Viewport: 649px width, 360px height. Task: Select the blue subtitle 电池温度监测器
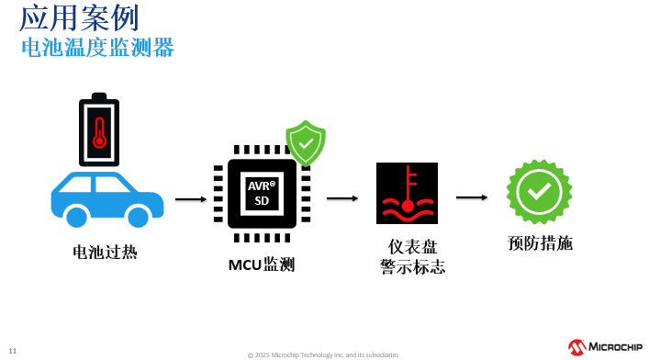[97, 47]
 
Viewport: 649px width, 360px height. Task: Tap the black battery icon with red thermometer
[99, 128]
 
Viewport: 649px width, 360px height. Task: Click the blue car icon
[106, 197]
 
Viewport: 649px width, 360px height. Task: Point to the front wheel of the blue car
[138, 217]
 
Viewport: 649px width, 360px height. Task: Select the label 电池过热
[105, 251]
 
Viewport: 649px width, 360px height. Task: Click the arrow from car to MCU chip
[191, 198]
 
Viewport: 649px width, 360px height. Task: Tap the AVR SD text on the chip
[262, 193]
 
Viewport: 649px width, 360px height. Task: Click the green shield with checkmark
[306, 142]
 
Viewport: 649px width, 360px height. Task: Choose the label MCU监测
[262, 265]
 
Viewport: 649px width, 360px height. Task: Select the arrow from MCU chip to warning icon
[342, 197]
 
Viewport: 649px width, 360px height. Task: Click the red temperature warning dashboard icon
[407, 193]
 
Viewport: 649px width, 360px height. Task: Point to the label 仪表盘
[412, 246]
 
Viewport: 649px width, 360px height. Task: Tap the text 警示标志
[412, 267]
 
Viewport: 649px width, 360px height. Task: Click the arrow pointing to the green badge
[472, 197]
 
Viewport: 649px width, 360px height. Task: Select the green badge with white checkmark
[539, 191]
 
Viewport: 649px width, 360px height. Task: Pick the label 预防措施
[540, 243]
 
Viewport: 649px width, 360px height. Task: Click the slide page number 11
[13, 350]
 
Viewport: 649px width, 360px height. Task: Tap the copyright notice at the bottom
[322, 354]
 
